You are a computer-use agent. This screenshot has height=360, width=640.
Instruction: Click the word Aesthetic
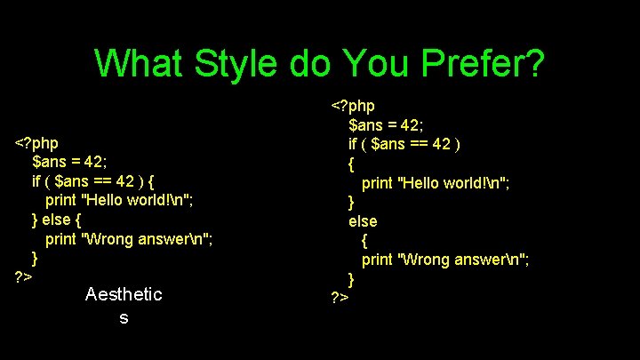coord(124,294)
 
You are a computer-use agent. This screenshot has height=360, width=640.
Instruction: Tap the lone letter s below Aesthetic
coord(124,317)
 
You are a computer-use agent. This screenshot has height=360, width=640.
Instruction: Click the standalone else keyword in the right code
coord(362,220)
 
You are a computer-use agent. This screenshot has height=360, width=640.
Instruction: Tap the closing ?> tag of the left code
coord(24,278)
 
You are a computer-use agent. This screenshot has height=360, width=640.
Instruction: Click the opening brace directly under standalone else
coord(364,240)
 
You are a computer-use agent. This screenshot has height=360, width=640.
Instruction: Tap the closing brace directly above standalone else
coord(351,201)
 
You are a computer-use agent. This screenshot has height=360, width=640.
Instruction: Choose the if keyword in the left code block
coord(36,180)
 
